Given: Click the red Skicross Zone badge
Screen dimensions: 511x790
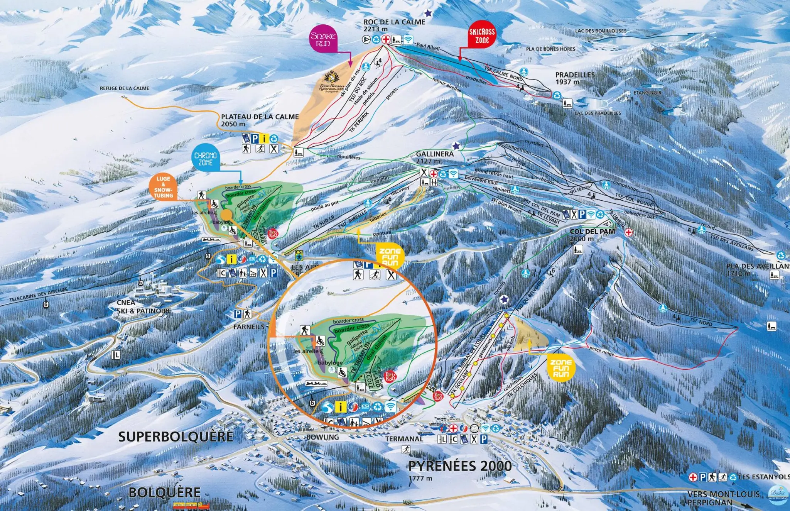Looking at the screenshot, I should [482, 36].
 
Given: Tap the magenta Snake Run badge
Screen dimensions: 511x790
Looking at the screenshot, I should [323, 39].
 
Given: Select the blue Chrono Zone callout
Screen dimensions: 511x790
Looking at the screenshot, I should [205, 159].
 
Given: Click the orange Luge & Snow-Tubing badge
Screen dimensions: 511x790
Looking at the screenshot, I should [163, 187].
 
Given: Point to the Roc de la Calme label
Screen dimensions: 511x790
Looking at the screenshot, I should [394, 25].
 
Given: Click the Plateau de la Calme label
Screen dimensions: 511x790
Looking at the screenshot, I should [260, 120].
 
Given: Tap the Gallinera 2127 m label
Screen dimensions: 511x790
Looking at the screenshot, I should [434, 157].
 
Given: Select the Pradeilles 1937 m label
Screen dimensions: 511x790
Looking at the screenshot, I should [575, 78].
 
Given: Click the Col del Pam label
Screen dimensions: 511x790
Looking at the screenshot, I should [592, 235].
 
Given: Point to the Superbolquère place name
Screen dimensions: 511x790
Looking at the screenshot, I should [176, 437].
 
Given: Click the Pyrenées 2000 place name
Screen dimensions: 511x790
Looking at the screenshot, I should [460, 466].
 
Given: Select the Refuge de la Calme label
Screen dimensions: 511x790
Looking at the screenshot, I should [124, 88].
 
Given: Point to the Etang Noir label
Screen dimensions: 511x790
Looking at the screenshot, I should [647, 93].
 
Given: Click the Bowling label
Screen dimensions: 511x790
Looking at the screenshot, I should [322, 437].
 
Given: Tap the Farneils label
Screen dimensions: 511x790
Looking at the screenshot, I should [249, 327].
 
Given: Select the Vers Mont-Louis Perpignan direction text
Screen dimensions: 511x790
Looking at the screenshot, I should [723, 498].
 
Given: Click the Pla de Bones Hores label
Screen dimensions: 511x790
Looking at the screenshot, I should [550, 49].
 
